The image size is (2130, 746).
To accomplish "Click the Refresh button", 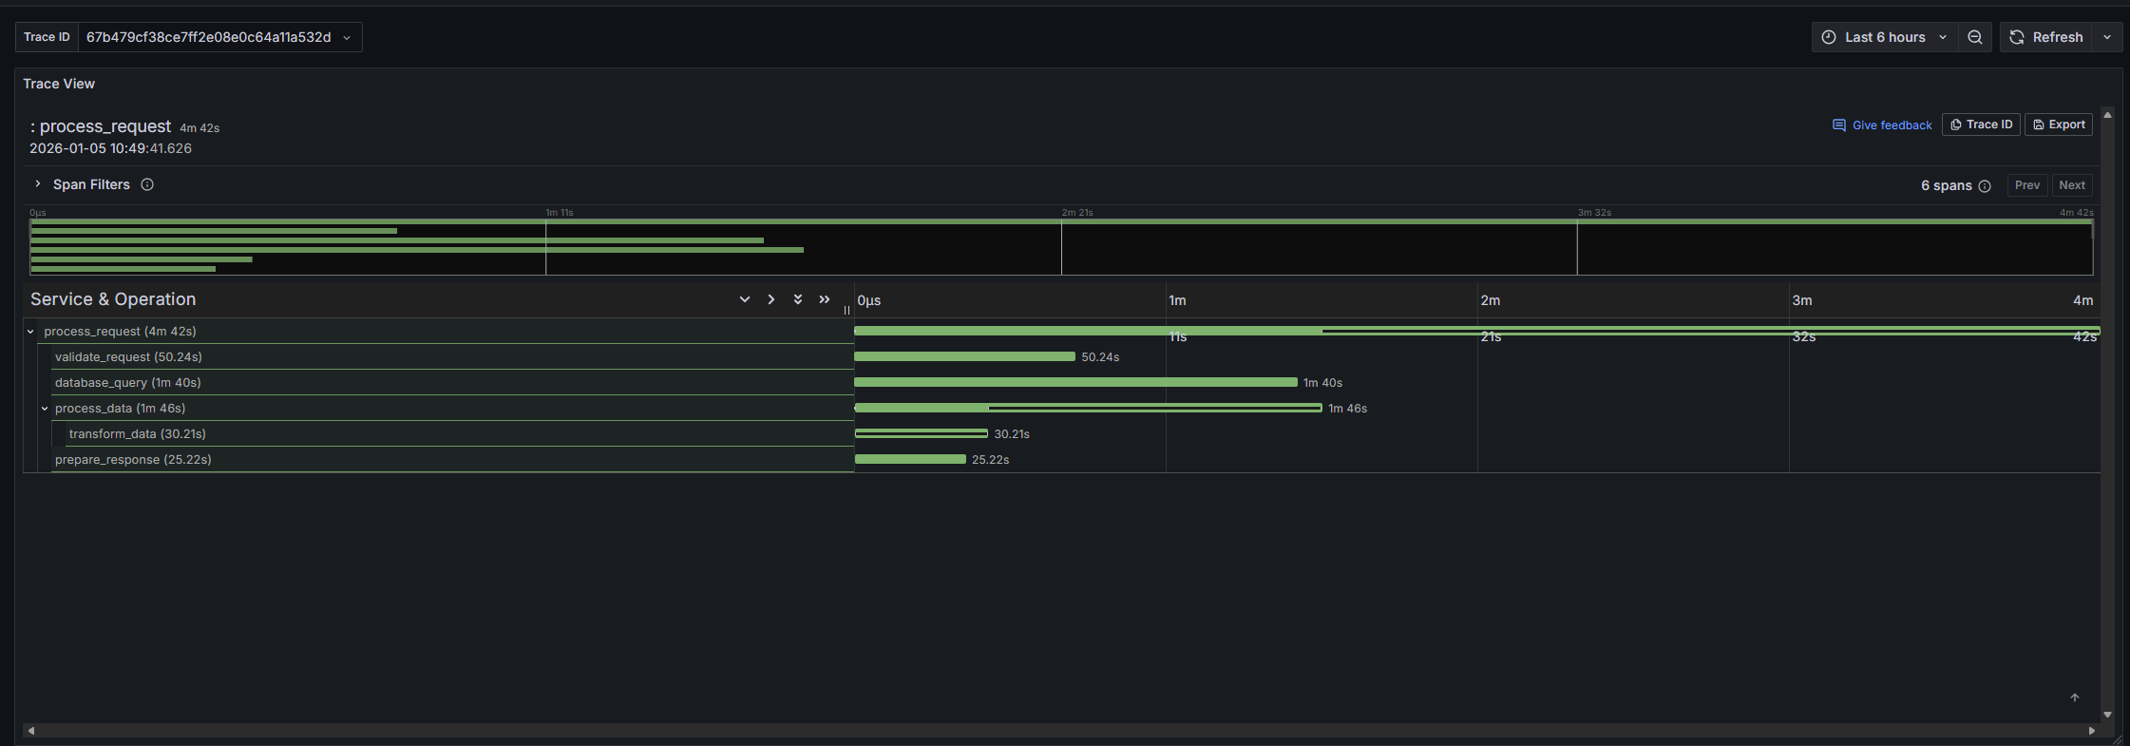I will (x=2046, y=37).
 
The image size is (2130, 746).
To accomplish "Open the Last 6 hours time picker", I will (x=1885, y=37).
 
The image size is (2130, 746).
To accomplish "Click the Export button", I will (x=2059, y=124).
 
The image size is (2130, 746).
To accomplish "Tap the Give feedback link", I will (x=1882, y=125).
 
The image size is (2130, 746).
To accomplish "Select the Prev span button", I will (x=2026, y=185).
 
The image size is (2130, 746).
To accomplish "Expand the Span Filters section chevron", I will (x=37, y=184).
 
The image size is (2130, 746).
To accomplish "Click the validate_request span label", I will (x=128, y=357).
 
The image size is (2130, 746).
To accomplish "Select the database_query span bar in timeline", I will (x=1075, y=382).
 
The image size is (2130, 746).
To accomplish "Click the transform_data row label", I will (x=137, y=434).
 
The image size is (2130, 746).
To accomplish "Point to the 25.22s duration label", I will (x=990, y=460).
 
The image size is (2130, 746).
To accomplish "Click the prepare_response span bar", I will (x=910, y=459).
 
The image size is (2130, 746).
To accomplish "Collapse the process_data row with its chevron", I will (x=45, y=409).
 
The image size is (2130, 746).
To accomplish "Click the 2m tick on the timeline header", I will (x=1490, y=300).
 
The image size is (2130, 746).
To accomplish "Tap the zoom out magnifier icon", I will (x=1975, y=37).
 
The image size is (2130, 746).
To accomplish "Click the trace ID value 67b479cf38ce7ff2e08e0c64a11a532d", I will (x=208, y=37).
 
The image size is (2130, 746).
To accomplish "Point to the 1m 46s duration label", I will (x=1347, y=409).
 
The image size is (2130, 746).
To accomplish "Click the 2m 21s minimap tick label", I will (x=1077, y=213).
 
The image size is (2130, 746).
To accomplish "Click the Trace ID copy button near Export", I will (x=1981, y=124).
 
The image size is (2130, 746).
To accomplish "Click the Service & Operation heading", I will (x=113, y=299).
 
